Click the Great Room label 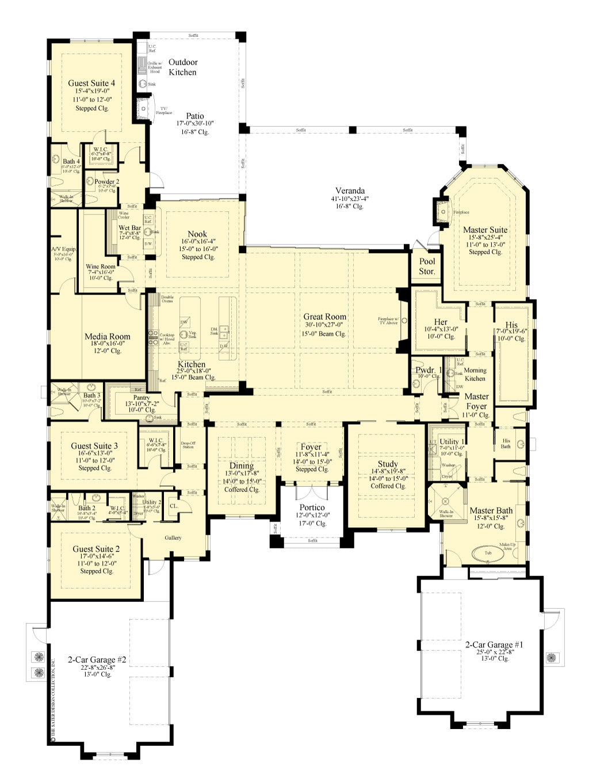coord(325,316)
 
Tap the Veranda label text coord(350,191)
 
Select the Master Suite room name coord(485,230)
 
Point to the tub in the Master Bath coord(488,553)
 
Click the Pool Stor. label coord(427,266)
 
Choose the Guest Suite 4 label coord(91,83)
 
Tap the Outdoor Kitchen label coord(182,67)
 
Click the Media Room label coord(108,337)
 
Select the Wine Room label coord(100,266)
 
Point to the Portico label coord(312,508)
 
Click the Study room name coord(388,464)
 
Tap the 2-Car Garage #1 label coord(494,644)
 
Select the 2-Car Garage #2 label coord(97,659)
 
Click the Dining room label coord(242,466)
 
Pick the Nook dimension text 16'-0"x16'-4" coord(197,242)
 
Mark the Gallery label coord(173,538)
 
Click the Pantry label coord(141,398)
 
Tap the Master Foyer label coord(476,401)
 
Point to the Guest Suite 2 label coord(96,549)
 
